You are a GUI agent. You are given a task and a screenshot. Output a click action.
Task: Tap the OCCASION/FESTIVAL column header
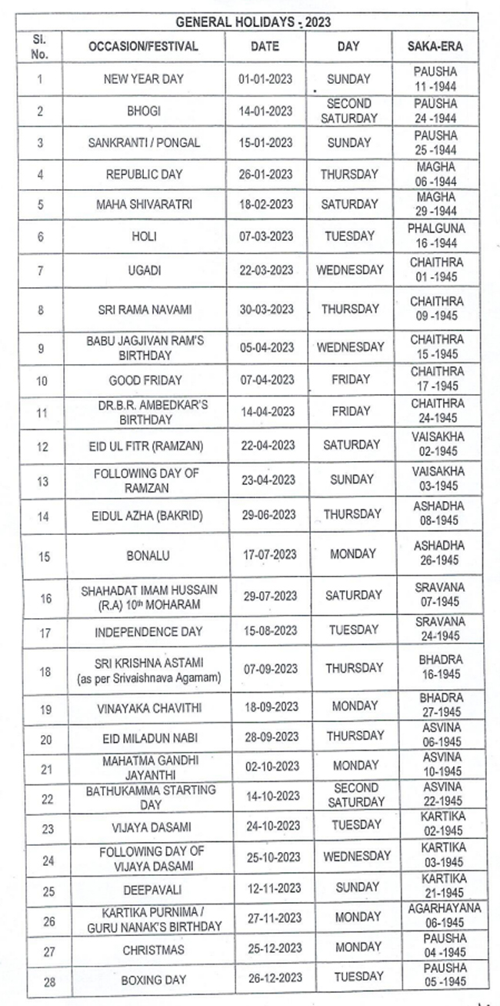coord(143,46)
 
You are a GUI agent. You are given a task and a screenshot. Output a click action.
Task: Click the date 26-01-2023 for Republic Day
coord(266,175)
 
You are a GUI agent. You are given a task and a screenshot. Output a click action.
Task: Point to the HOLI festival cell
coord(143,237)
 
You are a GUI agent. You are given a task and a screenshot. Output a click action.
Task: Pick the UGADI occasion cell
coord(143,270)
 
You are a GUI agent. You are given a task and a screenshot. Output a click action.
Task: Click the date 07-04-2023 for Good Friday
coord(266,379)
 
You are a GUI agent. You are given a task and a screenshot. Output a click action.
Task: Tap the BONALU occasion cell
coord(143,554)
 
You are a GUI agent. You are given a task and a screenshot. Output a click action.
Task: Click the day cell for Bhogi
coord(349,111)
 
